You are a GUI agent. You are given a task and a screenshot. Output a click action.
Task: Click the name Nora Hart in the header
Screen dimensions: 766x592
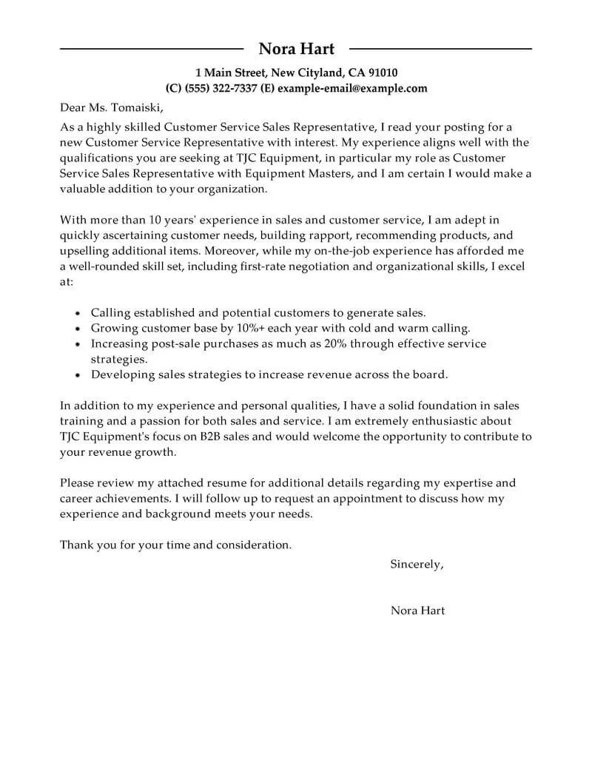(296, 49)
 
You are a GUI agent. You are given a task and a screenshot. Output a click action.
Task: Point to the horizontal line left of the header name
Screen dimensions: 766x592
(151, 49)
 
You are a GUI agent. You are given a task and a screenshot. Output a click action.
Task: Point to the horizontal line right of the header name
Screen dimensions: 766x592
(440, 49)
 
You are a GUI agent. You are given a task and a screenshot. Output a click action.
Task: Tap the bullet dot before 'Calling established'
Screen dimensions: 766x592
(78, 314)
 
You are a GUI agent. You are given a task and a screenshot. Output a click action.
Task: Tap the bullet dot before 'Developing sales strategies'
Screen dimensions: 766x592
(78, 375)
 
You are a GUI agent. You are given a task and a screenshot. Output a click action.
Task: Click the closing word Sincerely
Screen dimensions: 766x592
(417, 564)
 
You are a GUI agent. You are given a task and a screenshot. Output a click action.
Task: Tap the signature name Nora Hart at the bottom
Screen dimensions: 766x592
(417, 611)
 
